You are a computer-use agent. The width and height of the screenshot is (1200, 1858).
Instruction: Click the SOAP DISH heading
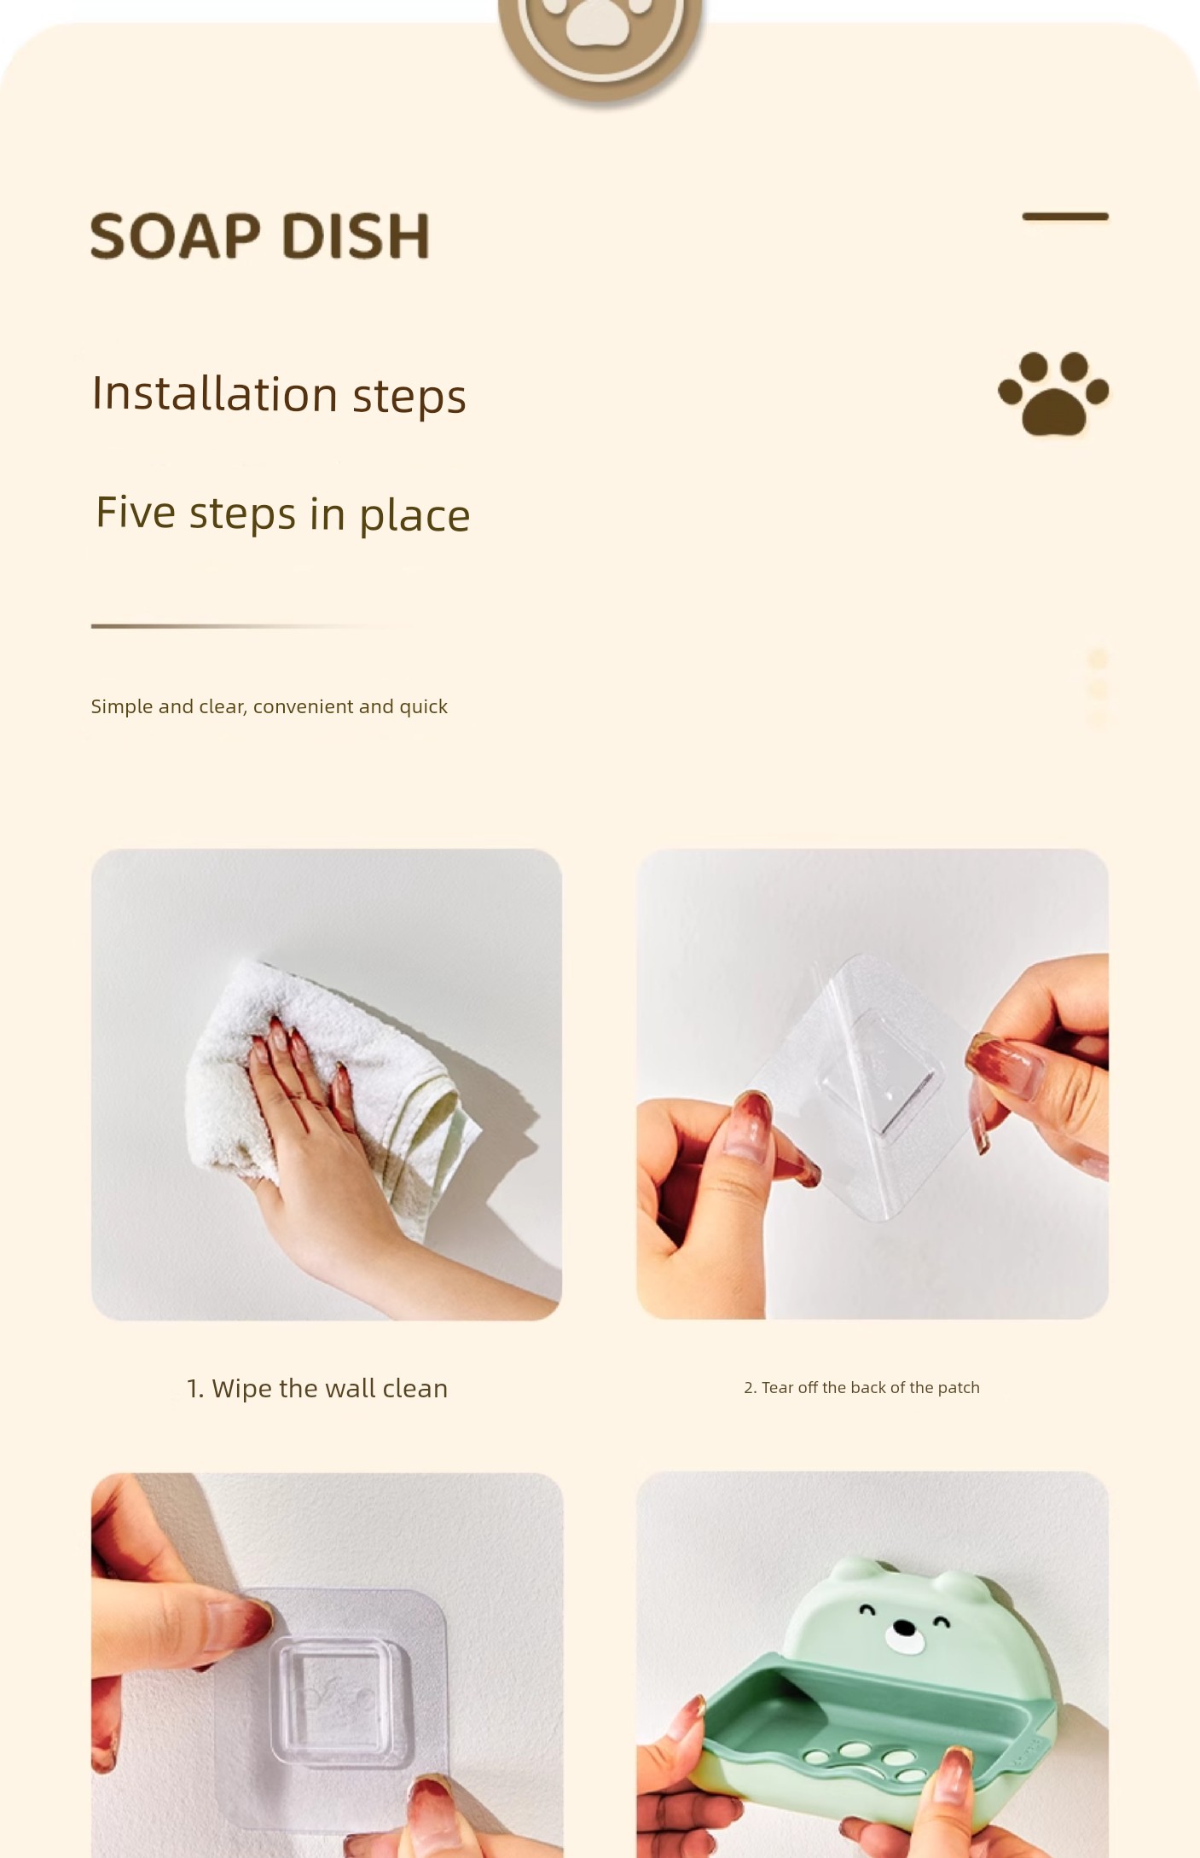pos(260,235)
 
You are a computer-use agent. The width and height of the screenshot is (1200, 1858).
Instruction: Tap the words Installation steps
pos(279,395)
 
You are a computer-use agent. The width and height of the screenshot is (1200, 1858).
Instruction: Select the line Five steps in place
pos(282,514)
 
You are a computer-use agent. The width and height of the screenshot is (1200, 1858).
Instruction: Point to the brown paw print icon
pos(1053,393)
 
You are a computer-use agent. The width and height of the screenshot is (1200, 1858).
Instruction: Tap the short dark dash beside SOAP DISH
pos(1065,217)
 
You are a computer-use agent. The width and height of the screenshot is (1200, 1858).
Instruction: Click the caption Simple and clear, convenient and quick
pos(269,706)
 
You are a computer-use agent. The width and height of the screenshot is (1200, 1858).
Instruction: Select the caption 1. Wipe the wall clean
pos(317,1388)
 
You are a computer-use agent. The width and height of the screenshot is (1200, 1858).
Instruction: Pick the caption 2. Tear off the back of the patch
pos(861,1387)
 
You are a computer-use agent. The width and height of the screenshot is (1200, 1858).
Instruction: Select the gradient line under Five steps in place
pos(256,626)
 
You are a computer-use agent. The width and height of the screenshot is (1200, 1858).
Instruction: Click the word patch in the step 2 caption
pos(959,1387)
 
